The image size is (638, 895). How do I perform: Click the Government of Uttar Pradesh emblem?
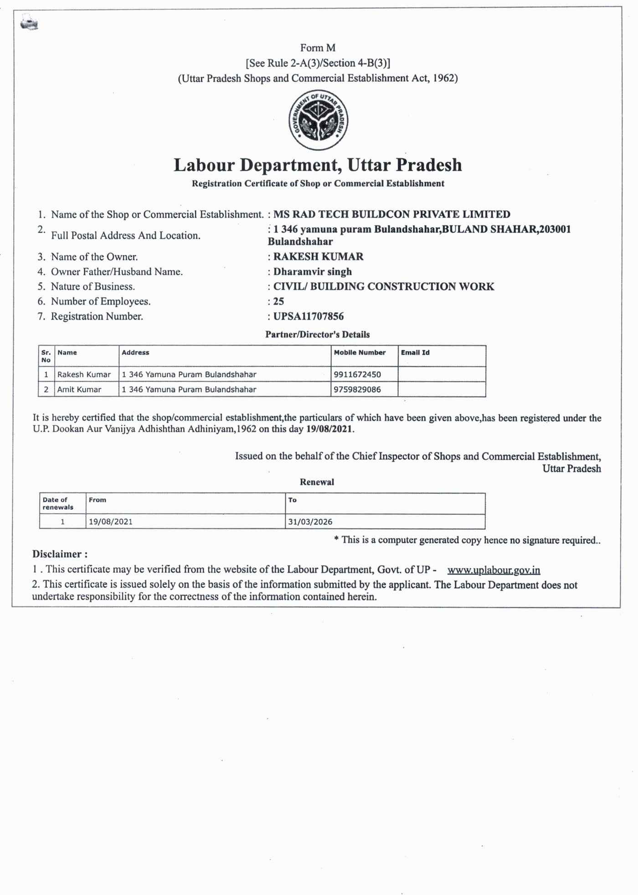coord(318,120)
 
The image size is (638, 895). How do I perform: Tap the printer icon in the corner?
coord(29,22)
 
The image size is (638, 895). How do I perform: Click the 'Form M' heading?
coord(318,48)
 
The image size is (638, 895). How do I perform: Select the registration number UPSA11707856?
coord(309,316)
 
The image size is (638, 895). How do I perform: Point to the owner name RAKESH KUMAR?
coord(318,257)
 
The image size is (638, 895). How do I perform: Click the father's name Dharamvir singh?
coord(313,272)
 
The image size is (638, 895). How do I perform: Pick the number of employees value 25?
coord(278,301)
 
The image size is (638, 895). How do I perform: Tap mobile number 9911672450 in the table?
coord(357,375)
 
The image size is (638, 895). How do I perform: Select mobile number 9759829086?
coord(357,390)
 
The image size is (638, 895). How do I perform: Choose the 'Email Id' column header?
coord(415,353)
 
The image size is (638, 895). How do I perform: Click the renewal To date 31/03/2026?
coord(310,522)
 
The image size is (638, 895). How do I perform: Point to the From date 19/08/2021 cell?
coord(111,522)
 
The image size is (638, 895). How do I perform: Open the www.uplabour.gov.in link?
coord(494,570)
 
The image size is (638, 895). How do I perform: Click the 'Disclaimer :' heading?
coord(60,554)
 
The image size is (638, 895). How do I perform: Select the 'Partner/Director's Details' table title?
coord(318,335)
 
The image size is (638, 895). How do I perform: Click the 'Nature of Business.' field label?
coord(93,287)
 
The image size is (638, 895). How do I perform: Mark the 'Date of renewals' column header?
coord(58,503)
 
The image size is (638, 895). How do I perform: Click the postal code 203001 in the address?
coord(555,229)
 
